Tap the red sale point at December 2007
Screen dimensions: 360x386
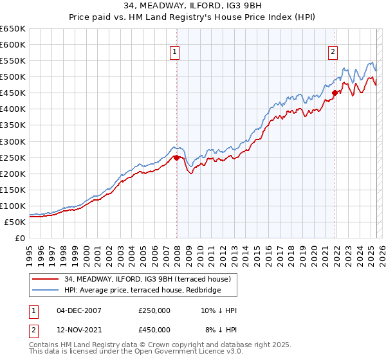176,157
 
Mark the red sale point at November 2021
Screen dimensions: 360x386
335,93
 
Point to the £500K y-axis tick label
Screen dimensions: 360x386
13,77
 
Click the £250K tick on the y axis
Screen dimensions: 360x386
13,157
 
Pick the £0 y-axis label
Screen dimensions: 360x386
20,238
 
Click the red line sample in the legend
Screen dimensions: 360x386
45,279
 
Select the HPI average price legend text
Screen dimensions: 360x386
142,291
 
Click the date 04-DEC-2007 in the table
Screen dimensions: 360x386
79,310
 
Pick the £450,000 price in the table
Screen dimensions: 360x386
154,330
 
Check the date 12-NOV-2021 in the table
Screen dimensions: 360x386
79,330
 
